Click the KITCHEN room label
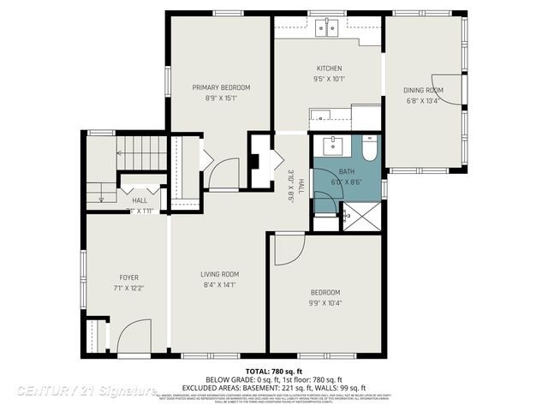[330, 68]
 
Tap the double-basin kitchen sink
[327, 28]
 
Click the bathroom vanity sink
[334, 145]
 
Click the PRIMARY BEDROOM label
[221, 87]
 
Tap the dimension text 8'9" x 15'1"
[221, 98]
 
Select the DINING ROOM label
[423, 90]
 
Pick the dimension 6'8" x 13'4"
[423, 100]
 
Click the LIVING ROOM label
[218, 275]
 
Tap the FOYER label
[128, 277]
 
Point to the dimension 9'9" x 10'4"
[325, 302]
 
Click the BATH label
[333, 171]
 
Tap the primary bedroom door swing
[224, 174]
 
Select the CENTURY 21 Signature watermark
[86, 390]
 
